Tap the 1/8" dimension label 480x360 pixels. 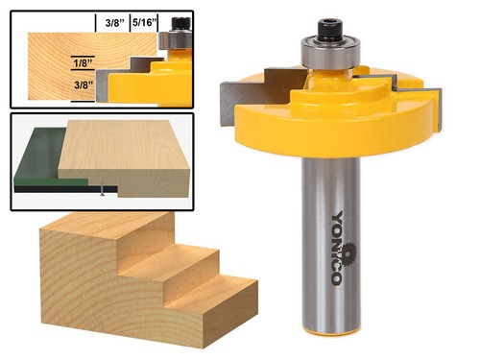[84, 64]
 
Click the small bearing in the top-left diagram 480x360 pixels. [176, 39]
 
